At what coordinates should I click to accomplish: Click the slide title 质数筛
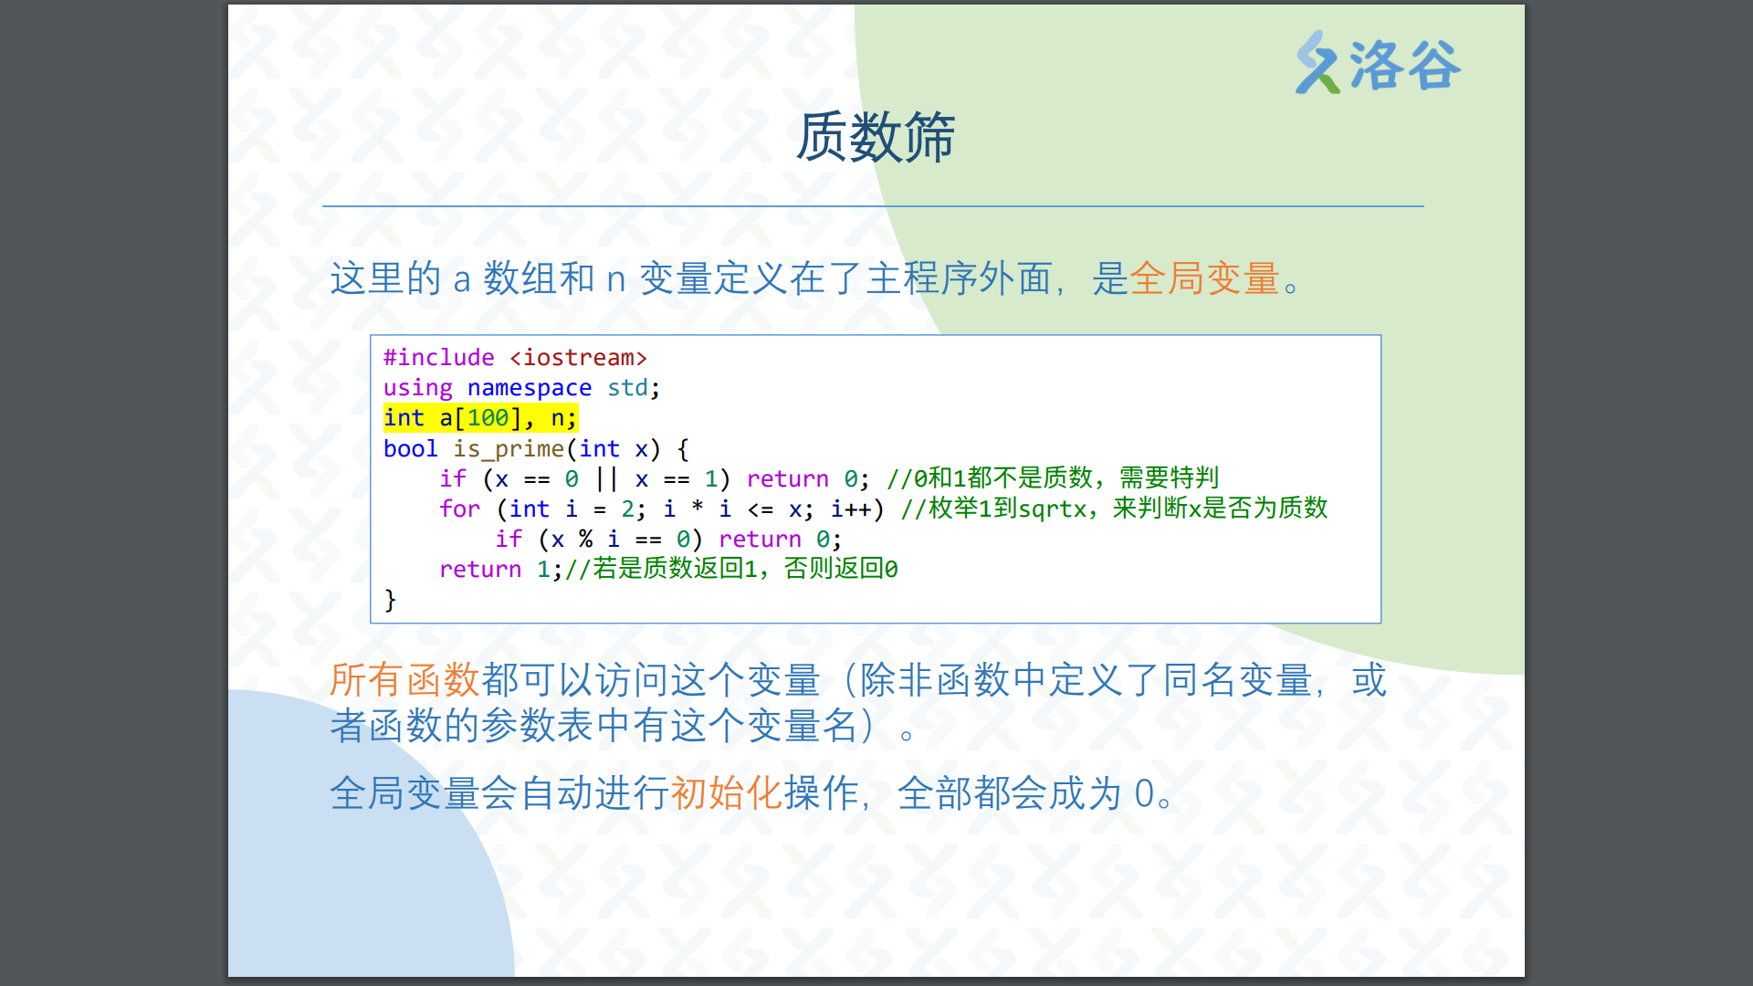point(876,138)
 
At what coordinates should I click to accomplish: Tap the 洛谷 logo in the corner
point(1378,64)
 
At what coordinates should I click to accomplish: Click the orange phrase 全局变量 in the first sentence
point(1204,278)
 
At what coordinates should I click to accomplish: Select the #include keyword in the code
point(439,358)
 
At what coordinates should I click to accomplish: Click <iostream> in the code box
point(579,358)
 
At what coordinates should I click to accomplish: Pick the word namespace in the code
point(530,388)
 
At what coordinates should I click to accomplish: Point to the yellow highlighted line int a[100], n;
point(480,418)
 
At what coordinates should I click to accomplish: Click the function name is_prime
point(509,449)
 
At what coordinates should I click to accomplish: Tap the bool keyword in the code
point(411,449)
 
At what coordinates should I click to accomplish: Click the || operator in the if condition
point(606,479)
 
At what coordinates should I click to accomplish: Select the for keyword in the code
point(459,509)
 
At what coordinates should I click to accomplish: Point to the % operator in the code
point(585,540)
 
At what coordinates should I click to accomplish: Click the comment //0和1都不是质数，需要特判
point(1053,478)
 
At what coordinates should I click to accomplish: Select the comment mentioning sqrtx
point(1114,509)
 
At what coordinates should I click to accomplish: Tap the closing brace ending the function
point(390,600)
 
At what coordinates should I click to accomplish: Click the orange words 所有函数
point(404,680)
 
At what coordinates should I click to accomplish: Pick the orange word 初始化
point(727,793)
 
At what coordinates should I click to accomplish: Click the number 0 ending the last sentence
point(1144,794)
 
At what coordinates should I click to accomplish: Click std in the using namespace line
point(627,388)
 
